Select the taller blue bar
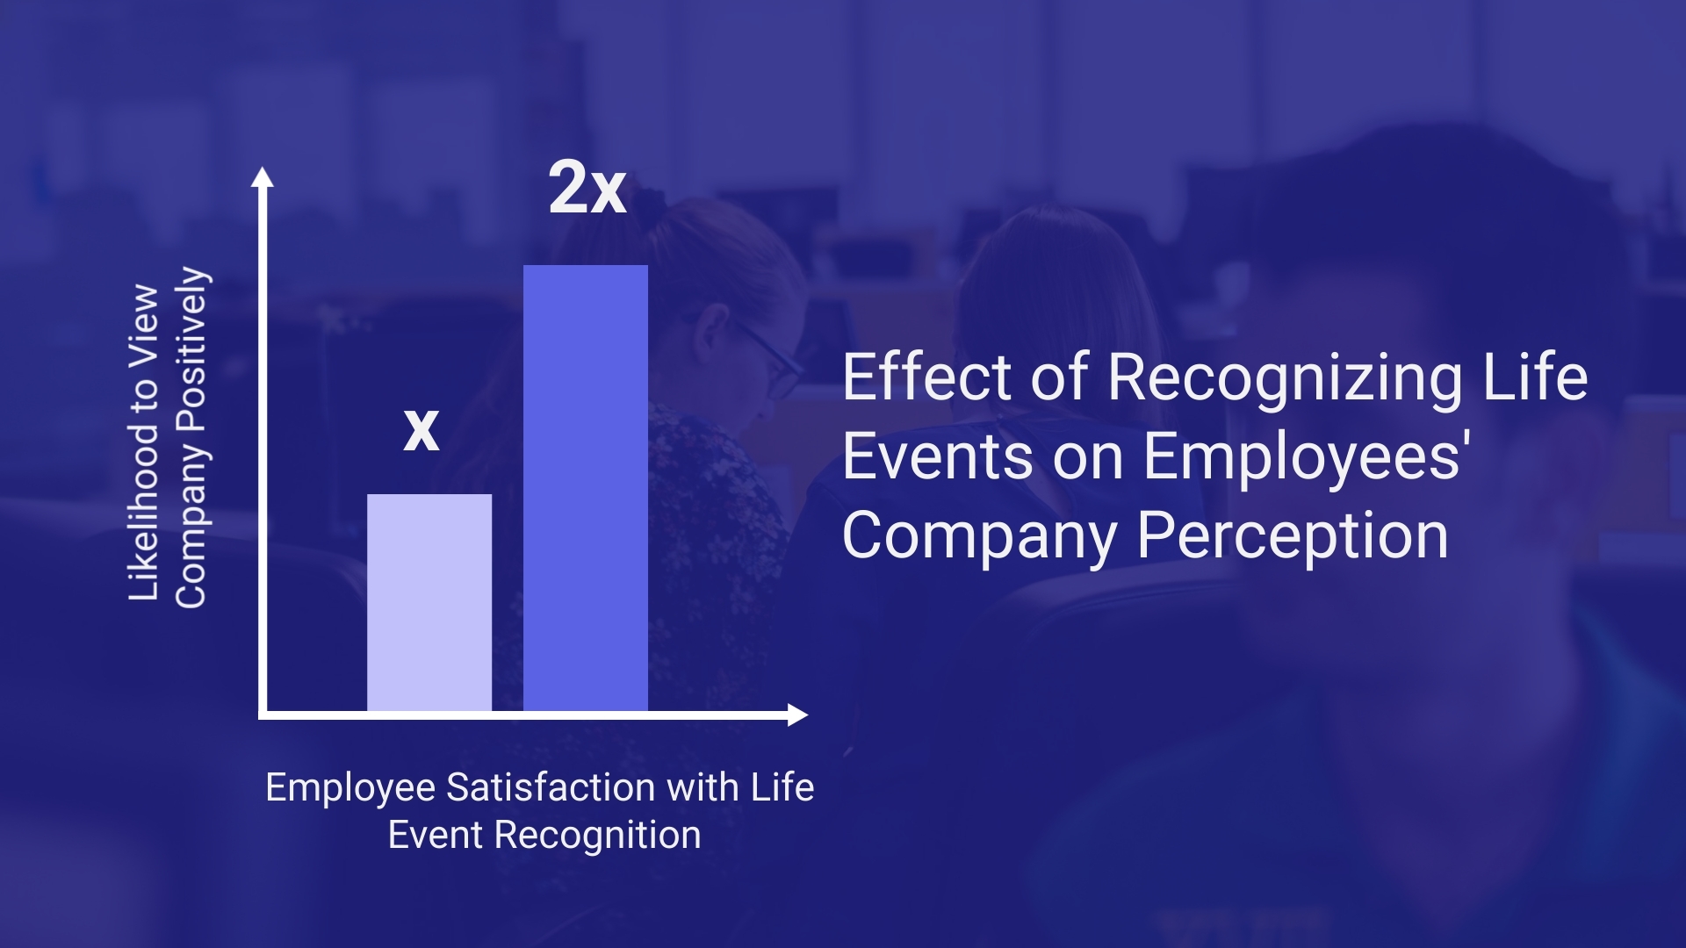pyautogui.click(x=586, y=488)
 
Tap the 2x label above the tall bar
pyautogui.click(x=587, y=188)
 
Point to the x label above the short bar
pyautogui.click(x=421, y=430)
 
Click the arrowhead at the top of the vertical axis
pyautogui.click(x=263, y=177)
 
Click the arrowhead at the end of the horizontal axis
pyautogui.click(x=797, y=715)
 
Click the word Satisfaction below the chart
pyautogui.click(x=551, y=787)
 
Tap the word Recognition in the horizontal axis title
pyautogui.click(x=598, y=835)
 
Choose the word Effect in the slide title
pyautogui.click(x=926, y=377)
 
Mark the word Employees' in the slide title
pyautogui.click(x=1308, y=457)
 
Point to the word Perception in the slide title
pyautogui.click(x=1293, y=535)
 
